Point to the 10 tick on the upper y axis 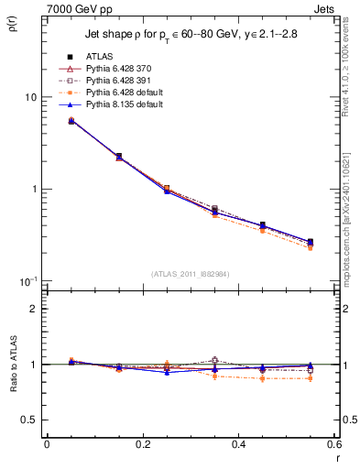pyautogui.click(x=29, y=97)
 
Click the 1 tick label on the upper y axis pyautogui.click(x=33, y=190)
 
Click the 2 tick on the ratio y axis pyautogui.click(x=33, y=310)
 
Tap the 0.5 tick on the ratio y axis pyautogui.click(x=29, y=420)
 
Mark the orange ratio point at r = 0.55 pyautogui.click(x=310, y=378)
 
